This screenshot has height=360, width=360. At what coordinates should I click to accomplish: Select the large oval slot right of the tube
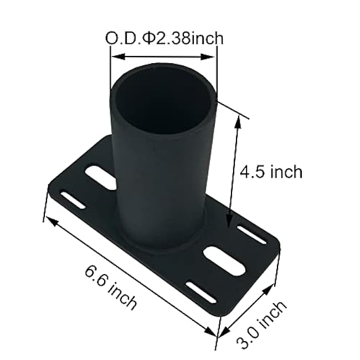224,260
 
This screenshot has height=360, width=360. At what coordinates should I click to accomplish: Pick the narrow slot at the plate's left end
73,200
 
